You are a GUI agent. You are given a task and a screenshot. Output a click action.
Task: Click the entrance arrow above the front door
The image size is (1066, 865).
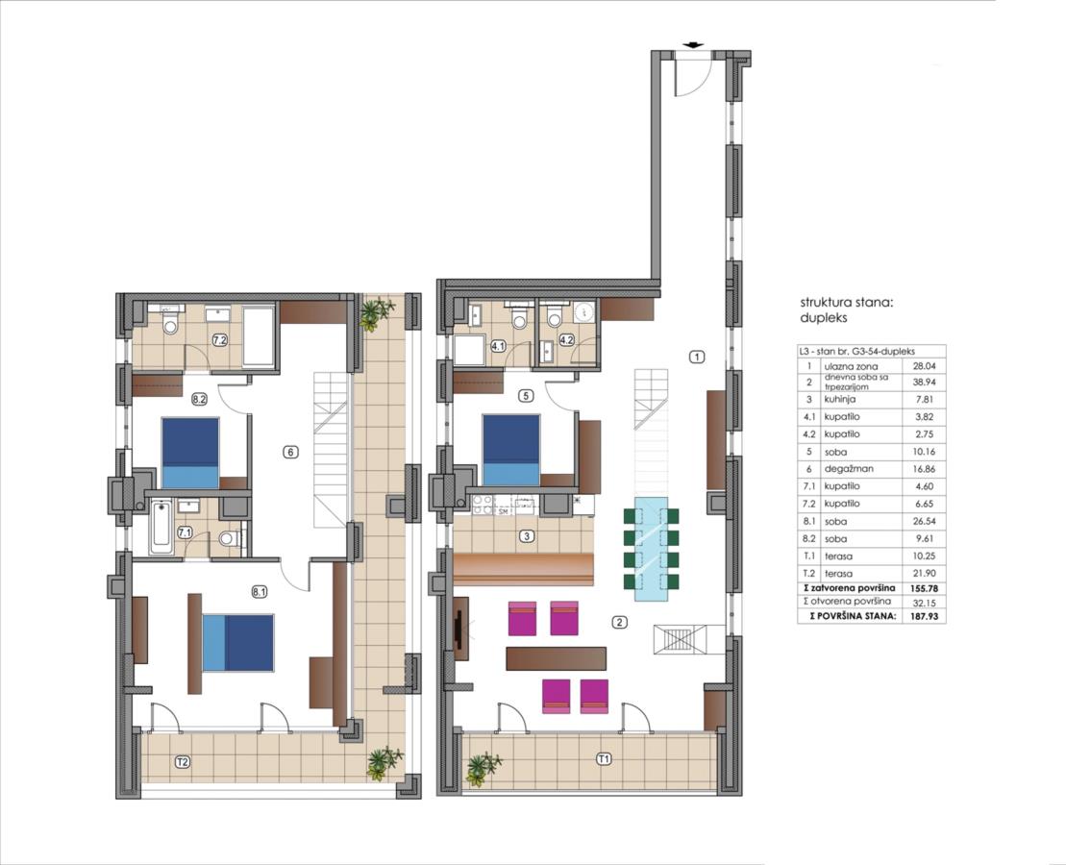(x=693, y=45)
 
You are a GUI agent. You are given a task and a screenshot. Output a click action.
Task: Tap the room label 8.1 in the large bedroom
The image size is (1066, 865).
(x=259, y=592)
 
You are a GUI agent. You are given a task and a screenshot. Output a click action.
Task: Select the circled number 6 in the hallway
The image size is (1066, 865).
(x=290, y=452)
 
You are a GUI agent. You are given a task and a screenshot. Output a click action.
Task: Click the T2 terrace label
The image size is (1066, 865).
(x=183, y=762)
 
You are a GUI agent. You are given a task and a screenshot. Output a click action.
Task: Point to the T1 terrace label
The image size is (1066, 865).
(x=603, y=759)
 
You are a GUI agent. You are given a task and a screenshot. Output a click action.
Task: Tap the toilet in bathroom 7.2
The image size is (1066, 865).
(x=170, y=322)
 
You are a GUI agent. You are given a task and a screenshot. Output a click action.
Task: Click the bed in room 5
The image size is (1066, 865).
(x=510, y=450)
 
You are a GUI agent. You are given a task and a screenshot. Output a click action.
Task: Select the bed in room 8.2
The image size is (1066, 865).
(x=190, y=453)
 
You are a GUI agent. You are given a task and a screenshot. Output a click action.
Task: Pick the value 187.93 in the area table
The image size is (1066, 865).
(x=919, y=616)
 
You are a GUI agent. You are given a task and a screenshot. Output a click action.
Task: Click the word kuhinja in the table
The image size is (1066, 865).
(x=839, y=399)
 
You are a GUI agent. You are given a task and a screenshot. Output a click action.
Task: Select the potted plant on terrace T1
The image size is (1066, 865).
(x=483, y=767)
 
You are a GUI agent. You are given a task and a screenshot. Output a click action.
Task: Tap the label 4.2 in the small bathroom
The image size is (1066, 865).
(x=565, y=338)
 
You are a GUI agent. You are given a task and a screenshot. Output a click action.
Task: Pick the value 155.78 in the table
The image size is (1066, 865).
(x=919, y=587)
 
